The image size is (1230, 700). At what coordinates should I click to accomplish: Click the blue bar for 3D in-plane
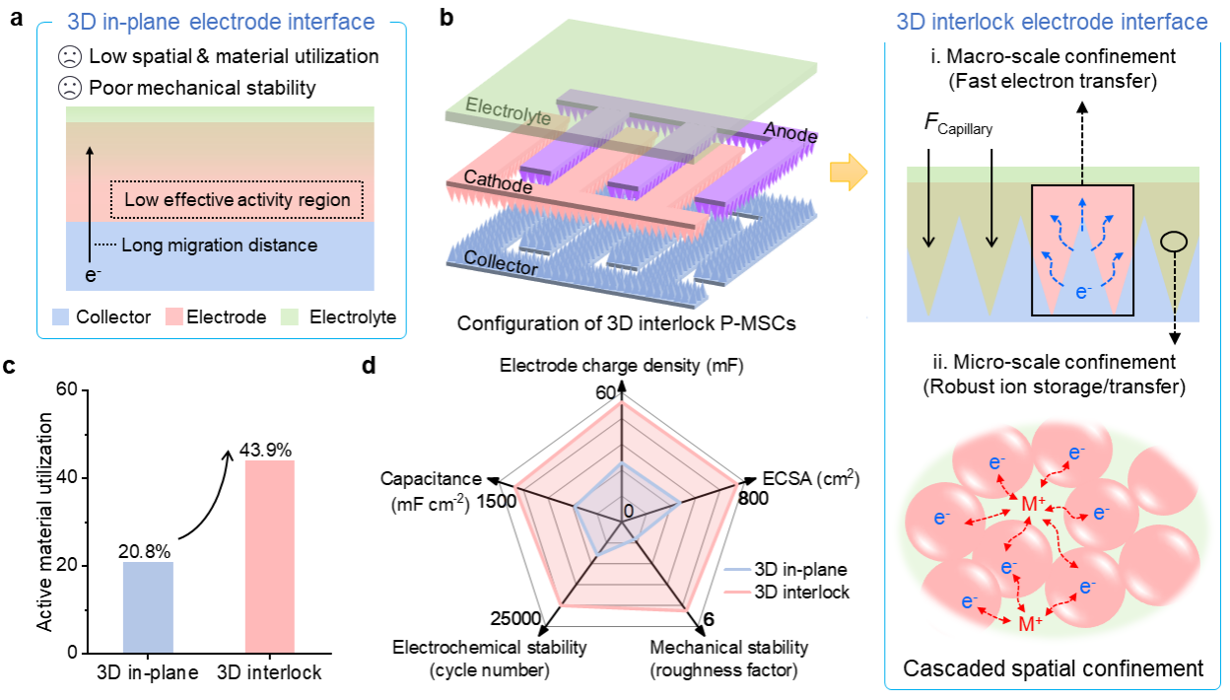click(149, 606)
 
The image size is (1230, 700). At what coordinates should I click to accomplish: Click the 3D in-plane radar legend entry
click(786, 569)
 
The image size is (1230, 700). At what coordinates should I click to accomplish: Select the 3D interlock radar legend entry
click(786, 592)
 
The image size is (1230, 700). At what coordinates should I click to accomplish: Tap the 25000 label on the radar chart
click(514, 618)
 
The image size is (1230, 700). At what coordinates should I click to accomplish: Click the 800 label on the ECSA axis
click(754, 498)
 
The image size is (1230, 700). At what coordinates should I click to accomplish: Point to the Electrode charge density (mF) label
click(621, 366)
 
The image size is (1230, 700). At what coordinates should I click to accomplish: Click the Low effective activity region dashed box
click(237, 200)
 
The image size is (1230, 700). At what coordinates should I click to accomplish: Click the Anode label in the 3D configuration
click(791, 132)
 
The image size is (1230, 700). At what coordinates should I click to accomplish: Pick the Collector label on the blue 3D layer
click(501, 266)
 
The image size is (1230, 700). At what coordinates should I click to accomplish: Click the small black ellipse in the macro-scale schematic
click(1174, 243)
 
